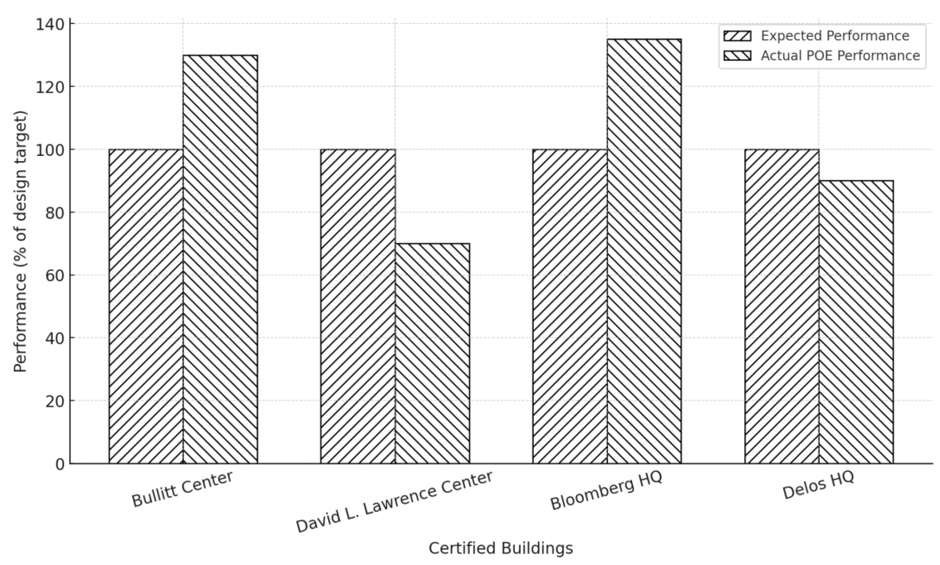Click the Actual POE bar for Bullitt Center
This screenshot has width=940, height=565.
(x=220, y=259)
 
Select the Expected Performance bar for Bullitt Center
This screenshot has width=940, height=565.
(x=146, y=306)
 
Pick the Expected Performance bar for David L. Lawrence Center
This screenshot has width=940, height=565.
(x=358, y=306)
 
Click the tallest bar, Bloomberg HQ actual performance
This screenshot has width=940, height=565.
(x=644, y=251)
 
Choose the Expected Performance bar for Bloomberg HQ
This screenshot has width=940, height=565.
(x=570, y=306)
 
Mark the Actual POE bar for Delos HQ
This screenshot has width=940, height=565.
(x=856, y=322)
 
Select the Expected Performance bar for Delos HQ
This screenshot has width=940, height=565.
(x=782, y=306)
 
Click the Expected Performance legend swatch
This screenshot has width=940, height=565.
(x=737, y=36)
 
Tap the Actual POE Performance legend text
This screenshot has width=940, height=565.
(x=840, y=55)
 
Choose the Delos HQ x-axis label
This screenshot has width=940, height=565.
(x=818, y=485)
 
